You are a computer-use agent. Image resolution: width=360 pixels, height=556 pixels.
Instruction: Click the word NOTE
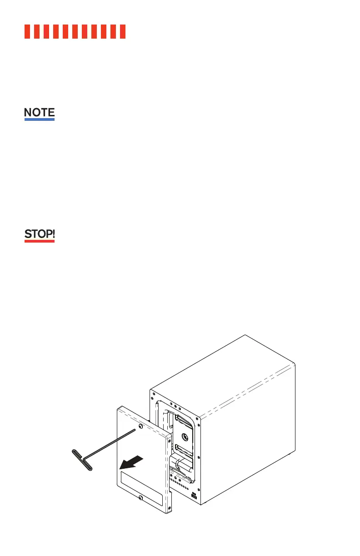point(39,112)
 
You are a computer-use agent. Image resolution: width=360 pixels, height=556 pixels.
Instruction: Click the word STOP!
point(39,234)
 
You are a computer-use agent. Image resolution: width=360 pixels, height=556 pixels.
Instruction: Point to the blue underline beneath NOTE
point(39,119)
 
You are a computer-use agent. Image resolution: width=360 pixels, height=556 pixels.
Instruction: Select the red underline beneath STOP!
point(39,241)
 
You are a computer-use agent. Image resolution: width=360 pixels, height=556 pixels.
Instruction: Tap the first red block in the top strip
point(27,31)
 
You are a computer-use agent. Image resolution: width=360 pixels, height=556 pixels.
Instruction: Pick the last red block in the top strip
point(122,31)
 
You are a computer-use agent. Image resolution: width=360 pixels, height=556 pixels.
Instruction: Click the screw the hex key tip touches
point(140,427)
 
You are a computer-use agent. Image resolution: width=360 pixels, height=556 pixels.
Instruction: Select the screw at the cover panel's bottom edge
point(140,498)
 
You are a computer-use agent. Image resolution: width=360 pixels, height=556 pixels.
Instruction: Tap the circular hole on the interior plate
point(185,437)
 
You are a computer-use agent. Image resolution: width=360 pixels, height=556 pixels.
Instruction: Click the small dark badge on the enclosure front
point(194,496)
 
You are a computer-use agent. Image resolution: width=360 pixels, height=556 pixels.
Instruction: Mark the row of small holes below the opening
point(182,484)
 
